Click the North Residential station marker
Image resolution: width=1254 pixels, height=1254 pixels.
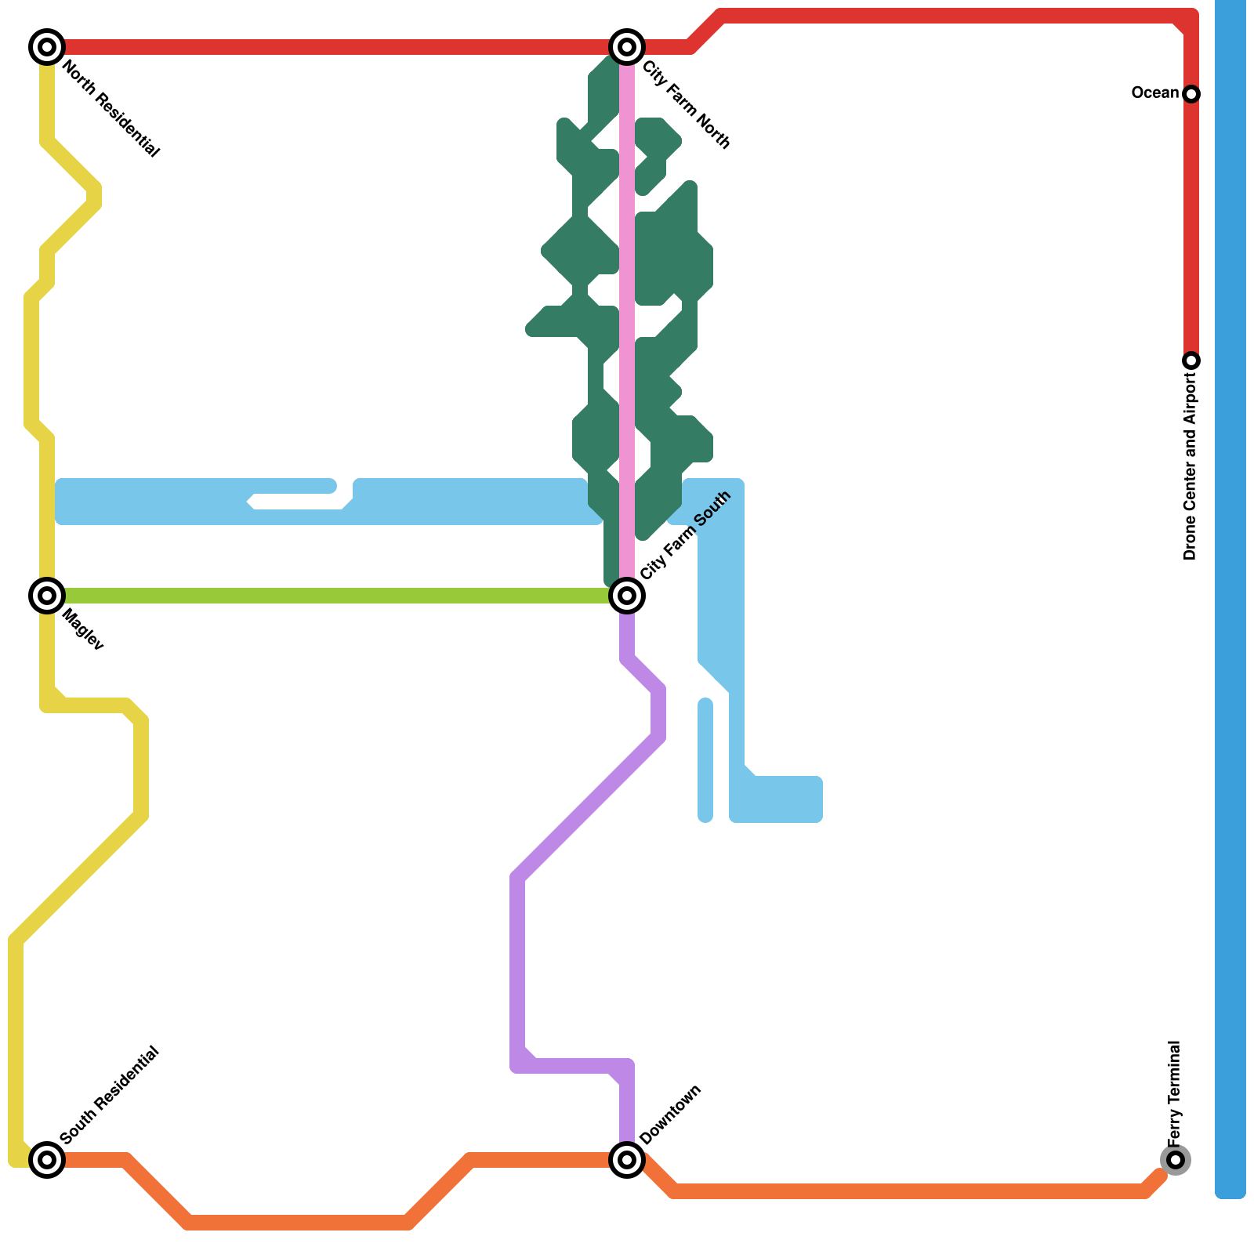pyautogui.click(x=47, y=47)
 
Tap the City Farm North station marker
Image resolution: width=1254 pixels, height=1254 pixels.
pyautogui.click(x=627, y=47)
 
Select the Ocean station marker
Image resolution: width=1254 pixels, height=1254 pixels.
pyautogui.click(x=1191, y=94)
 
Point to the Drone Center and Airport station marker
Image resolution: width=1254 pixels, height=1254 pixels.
pyautogui.click(x=1191, y=361)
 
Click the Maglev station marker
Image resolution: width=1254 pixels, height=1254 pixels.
pyautogui.click(x=47, y=596)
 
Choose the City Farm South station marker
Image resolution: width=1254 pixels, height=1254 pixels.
pyautogui.click(x=627, y=596)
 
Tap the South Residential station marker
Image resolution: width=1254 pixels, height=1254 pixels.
pyautogui.click(x=47, y=1159)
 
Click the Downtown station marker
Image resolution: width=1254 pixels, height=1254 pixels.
pyautogui.click(x=627, y=1159)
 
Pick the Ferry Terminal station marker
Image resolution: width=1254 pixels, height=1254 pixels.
pyautogui.click(x=1175, y=1159)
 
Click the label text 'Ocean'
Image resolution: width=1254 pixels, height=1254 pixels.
pyautogui.click(x=1154, y=93)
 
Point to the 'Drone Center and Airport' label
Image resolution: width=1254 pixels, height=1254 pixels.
pyautogui.click(x=1191, y=466)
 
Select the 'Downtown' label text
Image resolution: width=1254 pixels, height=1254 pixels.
pyautogui.click(x=670, y=1114)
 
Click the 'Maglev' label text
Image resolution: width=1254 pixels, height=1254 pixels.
pyautogui.click(x=82, y=629)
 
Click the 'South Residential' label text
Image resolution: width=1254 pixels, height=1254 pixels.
pyautogui.click(x=110, y=1095)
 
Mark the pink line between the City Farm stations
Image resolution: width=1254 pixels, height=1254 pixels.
pyautogui.click(x=627, y=313)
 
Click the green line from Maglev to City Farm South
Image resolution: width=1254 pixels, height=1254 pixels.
pyautogui.click(x=337, y=596)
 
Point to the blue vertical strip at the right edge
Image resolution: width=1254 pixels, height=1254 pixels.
pyautogui.click(x=1230, y=596)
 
